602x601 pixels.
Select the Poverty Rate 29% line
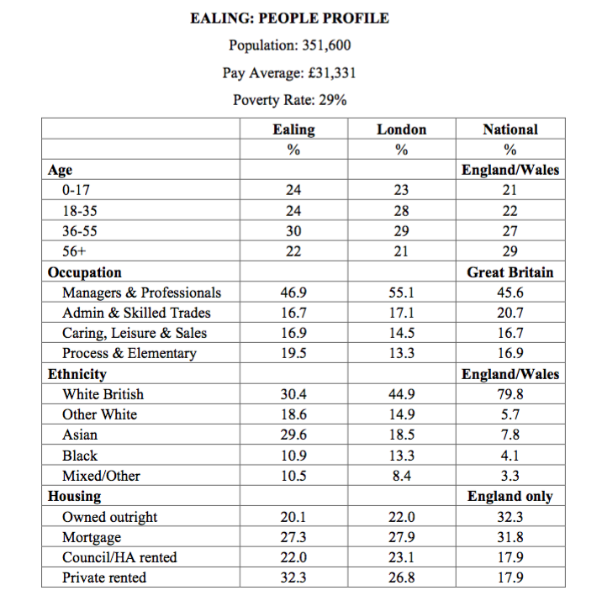tap(290, 101)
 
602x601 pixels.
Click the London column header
tap(401, 129)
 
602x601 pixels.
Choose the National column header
tap(510, 129)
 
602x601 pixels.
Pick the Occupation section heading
tap(85, 272)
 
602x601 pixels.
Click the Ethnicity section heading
tap(77, 374)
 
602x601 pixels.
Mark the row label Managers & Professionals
tap(141, 293)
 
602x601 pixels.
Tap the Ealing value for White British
tap(293, 394)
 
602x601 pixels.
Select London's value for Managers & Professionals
tap(401, 293)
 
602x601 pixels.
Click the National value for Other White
tap(510, 414)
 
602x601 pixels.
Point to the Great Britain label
tap(510, 272)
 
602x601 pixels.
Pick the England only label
tap(510, 496)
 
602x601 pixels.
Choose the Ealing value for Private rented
tap(293, 577)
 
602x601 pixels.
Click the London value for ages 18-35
tap(401, 211)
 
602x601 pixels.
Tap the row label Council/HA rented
tap(119, 557)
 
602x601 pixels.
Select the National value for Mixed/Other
tap(510, 476)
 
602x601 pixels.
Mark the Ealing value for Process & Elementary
tap(293, 353)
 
